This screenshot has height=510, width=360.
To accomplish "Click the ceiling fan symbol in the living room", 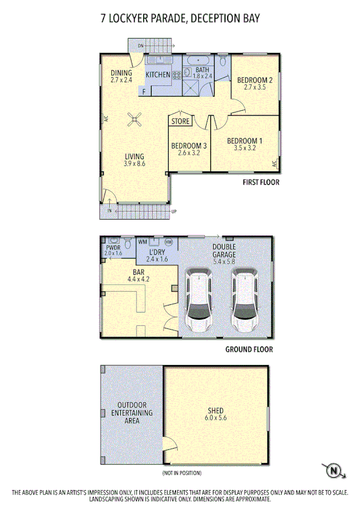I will tap(135, 120).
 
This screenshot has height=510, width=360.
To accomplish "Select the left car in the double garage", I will tap(200, 301).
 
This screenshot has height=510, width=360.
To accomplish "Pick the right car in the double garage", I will tap(245, 301).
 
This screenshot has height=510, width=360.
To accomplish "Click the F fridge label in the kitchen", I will tap(144, 91).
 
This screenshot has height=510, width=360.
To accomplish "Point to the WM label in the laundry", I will tap(142, 242).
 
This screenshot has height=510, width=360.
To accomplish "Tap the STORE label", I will tap(180, 121).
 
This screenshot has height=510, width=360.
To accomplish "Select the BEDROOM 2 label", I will tap(255, 80).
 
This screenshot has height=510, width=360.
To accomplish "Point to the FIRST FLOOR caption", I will tap(261, 182).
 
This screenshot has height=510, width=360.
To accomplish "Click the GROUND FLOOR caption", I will tap(249, 349).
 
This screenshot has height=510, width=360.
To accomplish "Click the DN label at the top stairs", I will tap(140, 46).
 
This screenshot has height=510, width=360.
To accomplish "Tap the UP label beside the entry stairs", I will tap(174, 212).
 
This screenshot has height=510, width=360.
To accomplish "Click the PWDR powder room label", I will tap(112, 247).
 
